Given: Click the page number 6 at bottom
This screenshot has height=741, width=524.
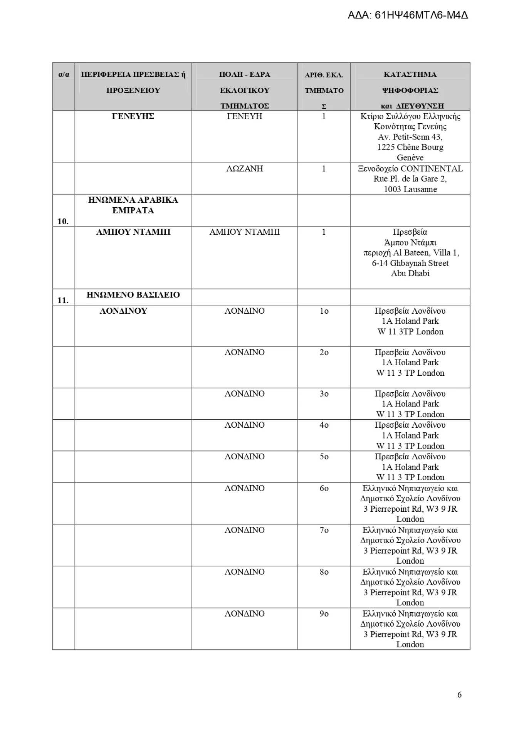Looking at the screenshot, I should [459, 694].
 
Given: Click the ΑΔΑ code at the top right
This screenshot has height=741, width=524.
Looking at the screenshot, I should [408, 15].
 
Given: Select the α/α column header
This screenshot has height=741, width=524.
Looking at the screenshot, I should [64, 74].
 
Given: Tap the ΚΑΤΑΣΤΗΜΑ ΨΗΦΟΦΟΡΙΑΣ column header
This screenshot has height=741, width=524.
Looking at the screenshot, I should [410, 90].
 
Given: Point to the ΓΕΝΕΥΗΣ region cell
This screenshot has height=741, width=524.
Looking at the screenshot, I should [133, 116].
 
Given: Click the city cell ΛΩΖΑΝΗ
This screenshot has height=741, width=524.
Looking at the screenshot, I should [245, 168].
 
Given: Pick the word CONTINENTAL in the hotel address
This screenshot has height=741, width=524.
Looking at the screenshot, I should [432, 168].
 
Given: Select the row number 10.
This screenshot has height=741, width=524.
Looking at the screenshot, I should [63, 221].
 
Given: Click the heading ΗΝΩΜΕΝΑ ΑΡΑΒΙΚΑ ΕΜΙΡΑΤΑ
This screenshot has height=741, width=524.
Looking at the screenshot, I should [133, 205].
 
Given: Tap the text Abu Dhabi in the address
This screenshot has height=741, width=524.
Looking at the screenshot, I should [410, 273].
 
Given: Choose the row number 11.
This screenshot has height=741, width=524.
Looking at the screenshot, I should [63, 300].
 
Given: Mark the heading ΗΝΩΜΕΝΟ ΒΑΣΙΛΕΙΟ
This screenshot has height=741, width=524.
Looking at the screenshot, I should [133, 295].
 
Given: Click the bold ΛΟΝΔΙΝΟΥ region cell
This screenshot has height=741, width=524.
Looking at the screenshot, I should [123, 311].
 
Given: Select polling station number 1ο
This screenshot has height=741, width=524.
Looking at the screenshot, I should [324, 311].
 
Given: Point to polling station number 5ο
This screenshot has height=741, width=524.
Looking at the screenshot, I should [324, 457].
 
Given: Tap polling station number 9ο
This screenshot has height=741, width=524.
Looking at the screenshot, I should [324, 613].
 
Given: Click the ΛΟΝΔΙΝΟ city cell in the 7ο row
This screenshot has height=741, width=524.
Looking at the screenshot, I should [245, 530].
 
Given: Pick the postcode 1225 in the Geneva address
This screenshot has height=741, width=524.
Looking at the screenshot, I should [385, 147].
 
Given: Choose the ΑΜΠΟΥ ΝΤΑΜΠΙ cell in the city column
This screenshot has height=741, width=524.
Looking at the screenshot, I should [245, 232].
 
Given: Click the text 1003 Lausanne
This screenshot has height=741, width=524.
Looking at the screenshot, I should [410, 189].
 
